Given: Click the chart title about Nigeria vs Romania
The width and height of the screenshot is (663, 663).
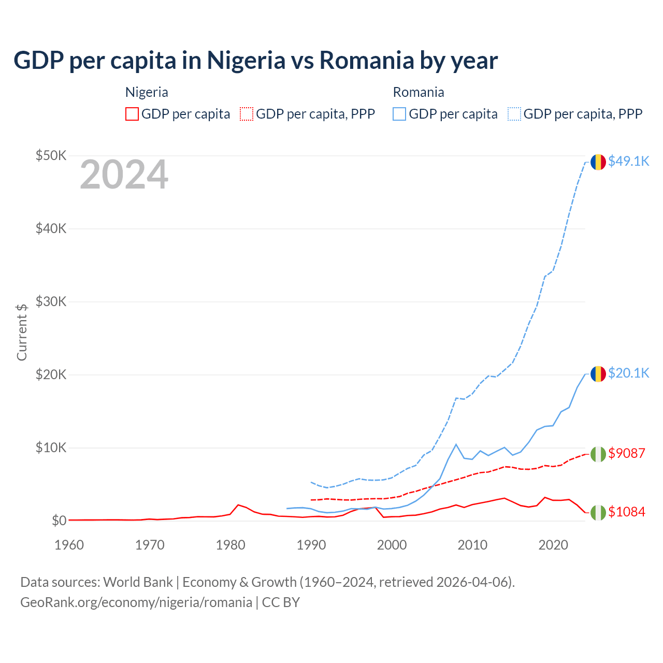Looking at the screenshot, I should (x=255, y=60).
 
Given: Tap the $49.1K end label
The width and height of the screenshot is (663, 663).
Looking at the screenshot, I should (x=628, y=161).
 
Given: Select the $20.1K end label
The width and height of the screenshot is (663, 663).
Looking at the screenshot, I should (x=628, y=373).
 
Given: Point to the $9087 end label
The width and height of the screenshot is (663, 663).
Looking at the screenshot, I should (x=627, y=453).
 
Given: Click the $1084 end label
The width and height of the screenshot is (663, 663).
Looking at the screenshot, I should (x=627, y=512).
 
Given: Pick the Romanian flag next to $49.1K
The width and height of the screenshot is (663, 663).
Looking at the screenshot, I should (x=598, y=162).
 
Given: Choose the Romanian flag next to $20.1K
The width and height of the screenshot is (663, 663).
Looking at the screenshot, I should (x=598, y=373).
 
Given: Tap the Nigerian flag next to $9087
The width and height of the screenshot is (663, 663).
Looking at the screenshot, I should (x=598, y=454).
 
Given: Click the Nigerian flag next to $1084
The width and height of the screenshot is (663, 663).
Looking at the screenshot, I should (x=598, y=512).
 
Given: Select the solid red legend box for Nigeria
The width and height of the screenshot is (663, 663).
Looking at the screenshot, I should (x=132, y=114).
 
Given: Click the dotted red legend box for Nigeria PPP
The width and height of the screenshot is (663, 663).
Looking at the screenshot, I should (x=247, y=114).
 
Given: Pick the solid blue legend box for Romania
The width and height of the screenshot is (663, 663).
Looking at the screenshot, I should (x=399, y=114).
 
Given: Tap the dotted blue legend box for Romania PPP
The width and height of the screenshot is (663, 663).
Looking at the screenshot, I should (x=514, y=114).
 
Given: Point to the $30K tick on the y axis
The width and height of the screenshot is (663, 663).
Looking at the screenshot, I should (x=51, y=301).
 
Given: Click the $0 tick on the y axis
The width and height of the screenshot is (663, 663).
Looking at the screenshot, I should (x=59, y=521).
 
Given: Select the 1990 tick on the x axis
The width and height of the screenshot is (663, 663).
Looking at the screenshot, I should (x=311, y=545).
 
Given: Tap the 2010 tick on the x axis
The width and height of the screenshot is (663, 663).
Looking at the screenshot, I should (x=472, y=545).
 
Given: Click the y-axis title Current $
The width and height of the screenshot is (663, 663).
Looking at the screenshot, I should (x=22, y=332).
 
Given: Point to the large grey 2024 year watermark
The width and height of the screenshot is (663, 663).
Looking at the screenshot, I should (x=124, y=175).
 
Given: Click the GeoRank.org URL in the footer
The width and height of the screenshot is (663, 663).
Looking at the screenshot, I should (x=136, y=602).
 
